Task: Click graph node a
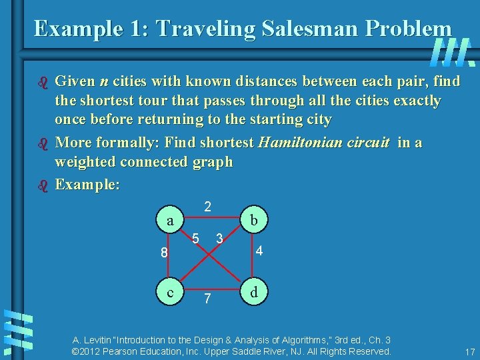171,221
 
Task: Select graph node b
253,221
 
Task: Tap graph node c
171,292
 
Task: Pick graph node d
253,292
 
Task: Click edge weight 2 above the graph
208,207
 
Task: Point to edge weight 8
163,253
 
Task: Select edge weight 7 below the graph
208,299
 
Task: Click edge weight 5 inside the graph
196,239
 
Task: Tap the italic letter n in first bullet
103,82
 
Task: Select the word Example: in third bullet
87,184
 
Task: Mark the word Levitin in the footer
96,339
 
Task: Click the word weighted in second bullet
86,162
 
